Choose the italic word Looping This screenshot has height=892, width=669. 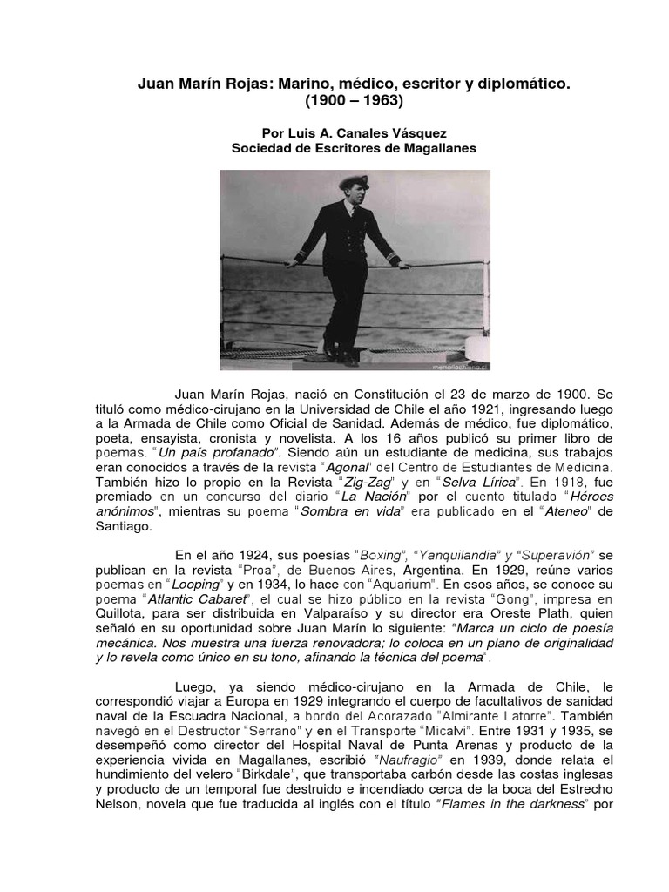point(195,586)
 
